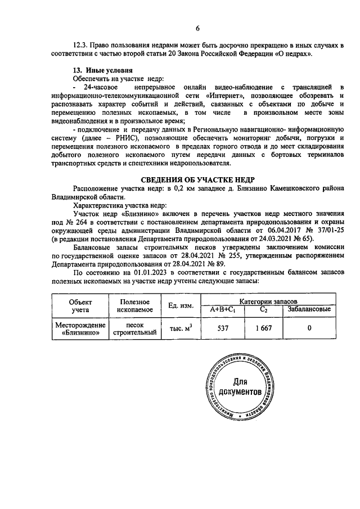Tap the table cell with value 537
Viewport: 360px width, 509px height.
pos(225,328)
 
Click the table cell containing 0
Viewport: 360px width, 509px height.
pos(309,328)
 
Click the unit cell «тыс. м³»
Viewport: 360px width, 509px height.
pos(181,328)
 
